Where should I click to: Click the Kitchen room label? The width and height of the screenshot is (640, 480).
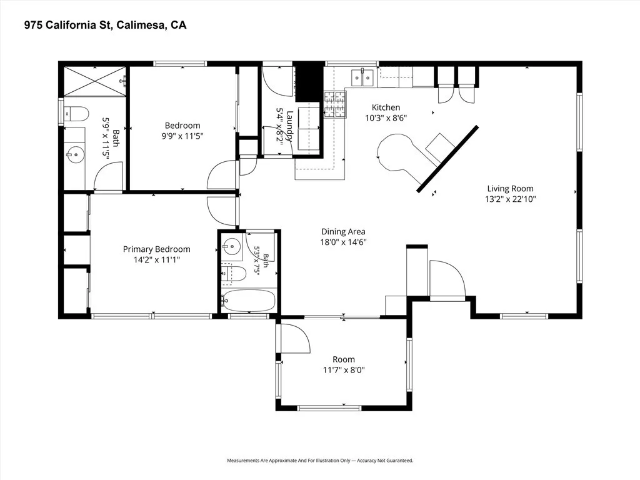(386, 107)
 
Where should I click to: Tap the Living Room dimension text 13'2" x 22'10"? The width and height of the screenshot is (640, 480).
(510, 199)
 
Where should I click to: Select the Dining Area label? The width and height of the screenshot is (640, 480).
(343, 232)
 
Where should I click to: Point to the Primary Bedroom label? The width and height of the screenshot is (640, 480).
(157, 249)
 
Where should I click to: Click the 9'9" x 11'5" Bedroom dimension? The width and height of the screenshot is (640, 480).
(182, 136)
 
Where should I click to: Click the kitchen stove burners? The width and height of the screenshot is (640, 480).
(335, 104)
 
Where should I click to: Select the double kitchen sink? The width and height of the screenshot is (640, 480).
(362, 77)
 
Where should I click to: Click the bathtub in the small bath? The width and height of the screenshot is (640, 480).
(249, 301)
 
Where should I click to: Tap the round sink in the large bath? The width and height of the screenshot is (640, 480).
(75, 155)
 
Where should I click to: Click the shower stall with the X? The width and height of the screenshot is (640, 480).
(95, 82)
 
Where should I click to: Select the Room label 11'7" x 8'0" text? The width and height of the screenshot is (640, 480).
(344, 370)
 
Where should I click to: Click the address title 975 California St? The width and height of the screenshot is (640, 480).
(105, 25)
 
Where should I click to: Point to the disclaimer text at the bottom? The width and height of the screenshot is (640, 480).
(320, 461)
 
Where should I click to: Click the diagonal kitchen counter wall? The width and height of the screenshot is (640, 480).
(447, 158)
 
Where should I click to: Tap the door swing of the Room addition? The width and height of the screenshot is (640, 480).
(296, 338)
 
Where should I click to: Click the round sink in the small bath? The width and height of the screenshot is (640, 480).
(231, 246)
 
